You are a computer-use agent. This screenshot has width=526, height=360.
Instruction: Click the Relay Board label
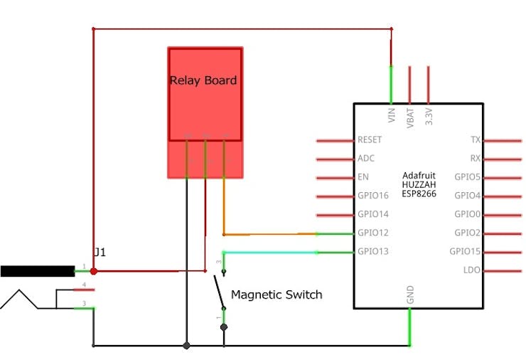tap(203, 80)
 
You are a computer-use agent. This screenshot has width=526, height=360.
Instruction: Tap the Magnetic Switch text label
tap(277, 295)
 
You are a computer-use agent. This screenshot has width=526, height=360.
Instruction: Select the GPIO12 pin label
tap(373, 233)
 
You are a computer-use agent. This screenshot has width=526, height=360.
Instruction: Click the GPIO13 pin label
tap(373, 251)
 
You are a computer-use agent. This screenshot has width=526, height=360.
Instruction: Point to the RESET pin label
tap(370, 140)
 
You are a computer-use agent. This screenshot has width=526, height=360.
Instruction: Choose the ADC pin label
tap(366, 159)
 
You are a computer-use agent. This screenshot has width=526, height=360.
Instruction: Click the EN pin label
tap(363, 177)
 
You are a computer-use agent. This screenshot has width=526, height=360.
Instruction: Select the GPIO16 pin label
tap(373, 196)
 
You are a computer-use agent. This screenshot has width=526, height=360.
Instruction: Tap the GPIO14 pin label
tap(373, 214)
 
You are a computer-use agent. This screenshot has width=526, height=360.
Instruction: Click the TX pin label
tap(476, 140)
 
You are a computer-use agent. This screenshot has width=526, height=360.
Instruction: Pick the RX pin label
tap(476, 159)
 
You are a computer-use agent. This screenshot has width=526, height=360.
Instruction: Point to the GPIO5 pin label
tap(468, 177)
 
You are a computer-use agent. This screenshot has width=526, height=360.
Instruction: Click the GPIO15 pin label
tap(466, 251)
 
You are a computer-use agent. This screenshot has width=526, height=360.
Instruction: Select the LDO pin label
tap(472, 270)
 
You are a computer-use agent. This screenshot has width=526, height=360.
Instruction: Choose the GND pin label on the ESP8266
tap(410, 295)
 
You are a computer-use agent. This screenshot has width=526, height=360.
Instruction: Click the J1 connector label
tap(100, 253)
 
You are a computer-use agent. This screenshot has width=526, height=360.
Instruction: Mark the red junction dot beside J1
tap(94, 270)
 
